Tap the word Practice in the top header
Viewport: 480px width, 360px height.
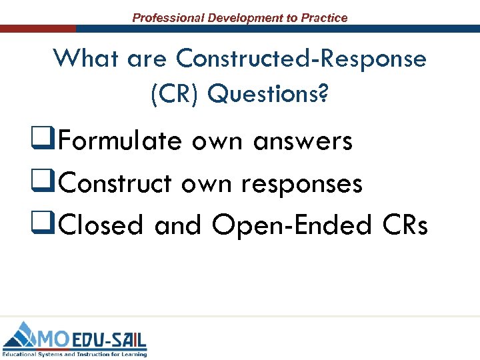[x=324, y=18]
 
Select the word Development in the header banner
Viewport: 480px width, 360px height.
[x=245, y=18]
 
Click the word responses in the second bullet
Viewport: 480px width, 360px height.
[x=302, y=184]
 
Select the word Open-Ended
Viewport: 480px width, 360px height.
[x=290, y=225]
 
